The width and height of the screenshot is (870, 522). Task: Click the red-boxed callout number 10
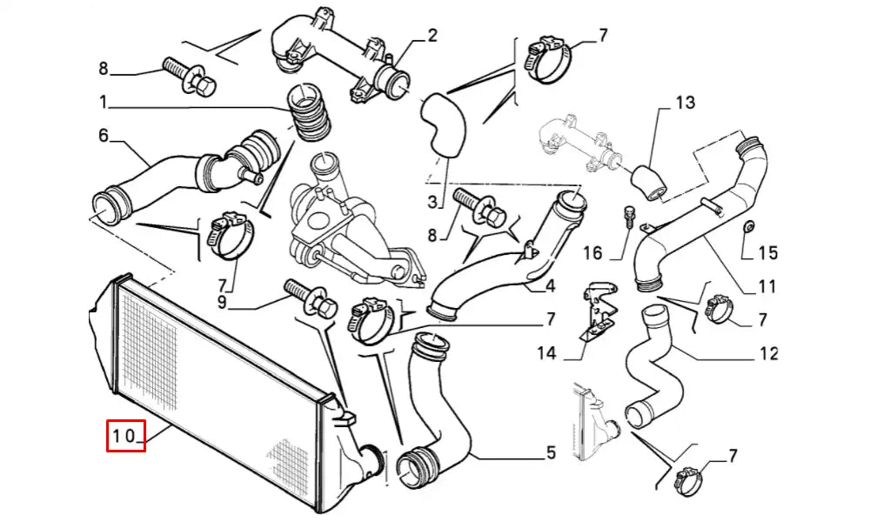click(x=125, y=437)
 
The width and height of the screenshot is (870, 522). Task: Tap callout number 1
click(x=104, y=103)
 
